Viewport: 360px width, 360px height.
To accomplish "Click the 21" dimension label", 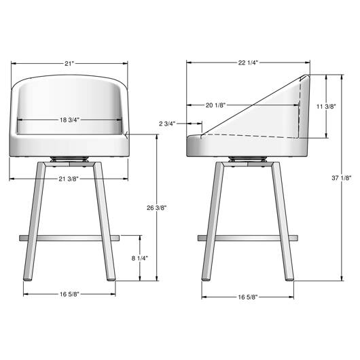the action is [x=69, y=63].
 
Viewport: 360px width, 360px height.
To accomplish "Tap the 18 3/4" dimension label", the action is [x=69, y=120].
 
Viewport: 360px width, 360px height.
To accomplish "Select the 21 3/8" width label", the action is [x=69, y=179].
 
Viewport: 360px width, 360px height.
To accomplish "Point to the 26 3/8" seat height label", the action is [x=157, y=208].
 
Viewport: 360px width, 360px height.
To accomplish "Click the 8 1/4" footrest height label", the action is [x=140, y=258].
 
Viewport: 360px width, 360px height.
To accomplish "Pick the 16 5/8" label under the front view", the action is [x=69, y=294].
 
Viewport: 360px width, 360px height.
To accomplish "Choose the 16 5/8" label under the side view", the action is [x=248, y=297].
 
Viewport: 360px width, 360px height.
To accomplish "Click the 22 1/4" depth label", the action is [x=248, y=62].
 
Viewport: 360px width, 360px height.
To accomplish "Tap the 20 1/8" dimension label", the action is [x=215, y=105].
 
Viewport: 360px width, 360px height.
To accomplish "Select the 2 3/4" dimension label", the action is [x=167, y=124].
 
